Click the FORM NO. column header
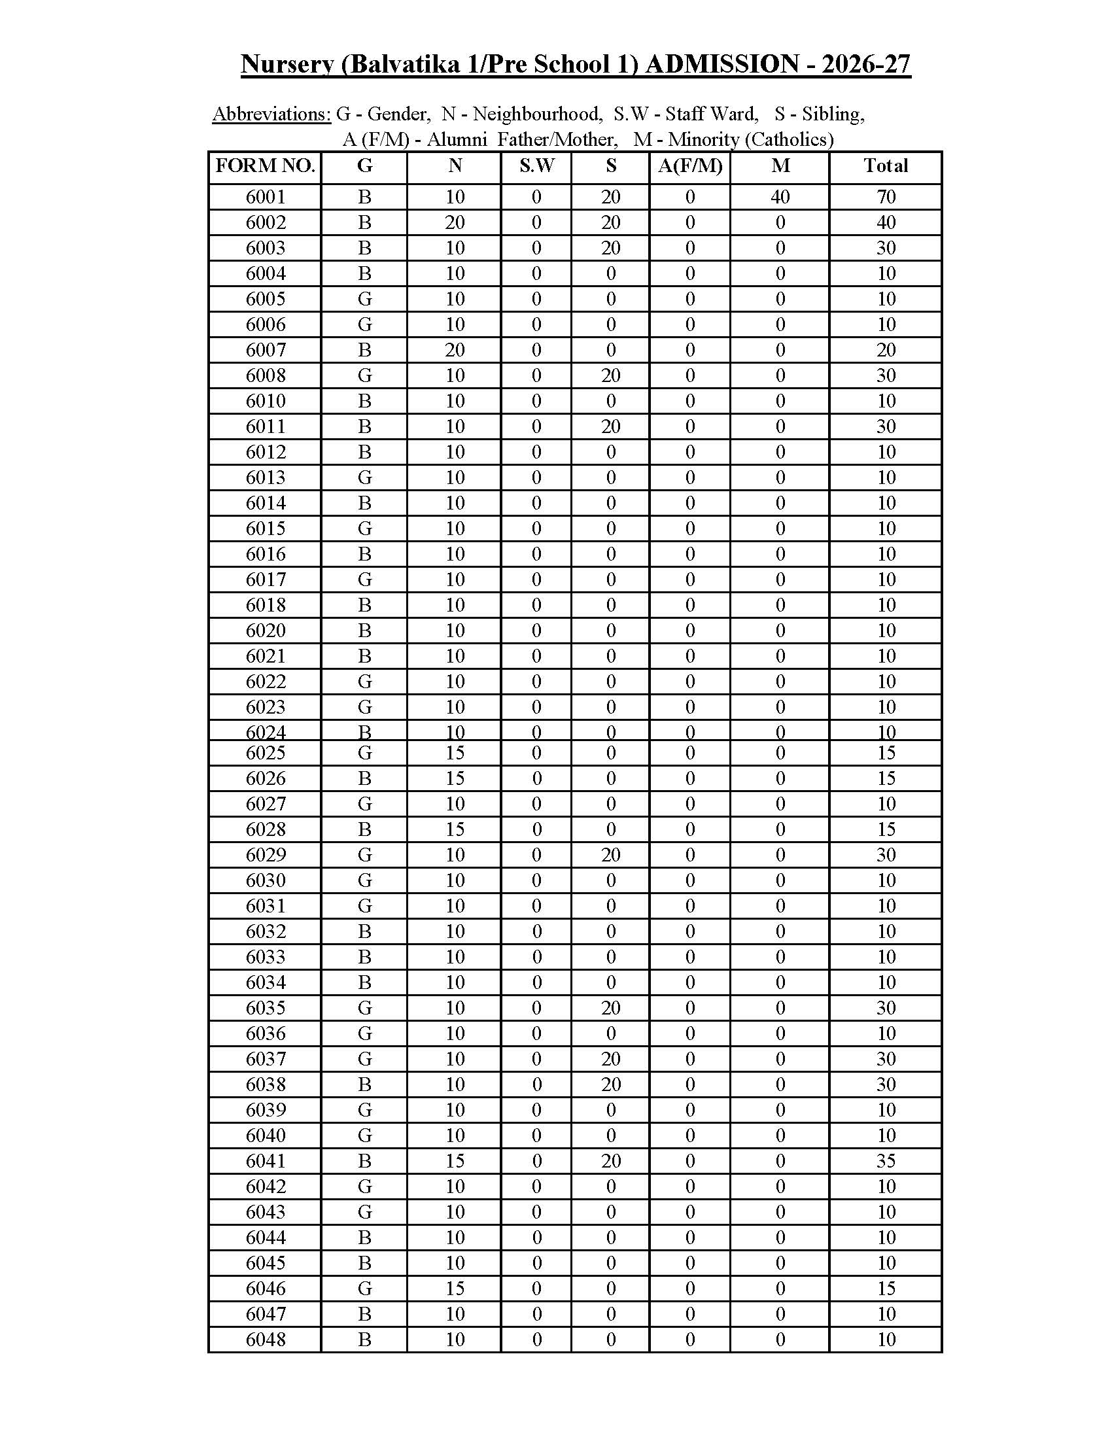(265, 166)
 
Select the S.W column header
(536, 166)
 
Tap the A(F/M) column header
(689, 166)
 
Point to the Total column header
(886, 166)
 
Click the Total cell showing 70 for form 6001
(886, 197)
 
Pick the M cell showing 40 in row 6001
(780, 197)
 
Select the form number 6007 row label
(266, 350)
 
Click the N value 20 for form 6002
(455, 222)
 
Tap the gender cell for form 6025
(364, 753)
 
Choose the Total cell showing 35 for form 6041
(886, 1161)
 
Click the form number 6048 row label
(266, 1340)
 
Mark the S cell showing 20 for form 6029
(611, 856)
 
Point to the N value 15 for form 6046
(455, 1288)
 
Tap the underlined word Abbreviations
(271, 114)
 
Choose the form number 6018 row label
(266, 605)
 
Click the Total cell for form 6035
(886, 1008)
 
